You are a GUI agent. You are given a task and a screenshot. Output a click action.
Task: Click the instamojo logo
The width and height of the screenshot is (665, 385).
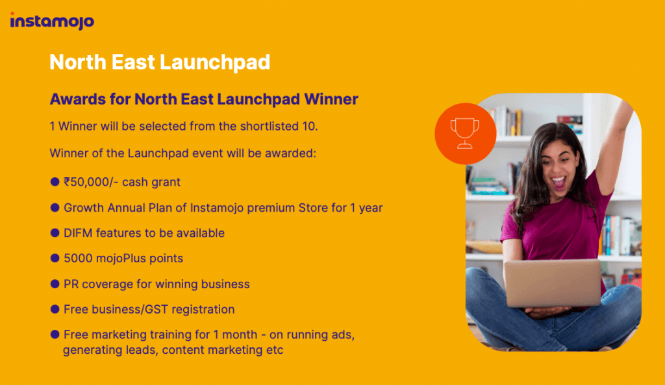(52, 21)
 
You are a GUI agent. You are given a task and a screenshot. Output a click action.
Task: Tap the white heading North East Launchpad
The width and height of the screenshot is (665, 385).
(160, 62)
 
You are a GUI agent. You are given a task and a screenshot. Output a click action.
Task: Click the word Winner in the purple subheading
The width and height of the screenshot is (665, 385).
(331, 99)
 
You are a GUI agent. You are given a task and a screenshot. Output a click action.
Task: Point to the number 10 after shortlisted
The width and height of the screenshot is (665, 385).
(308, 127)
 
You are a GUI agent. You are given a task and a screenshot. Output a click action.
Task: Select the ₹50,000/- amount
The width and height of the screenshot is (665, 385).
(91, 182)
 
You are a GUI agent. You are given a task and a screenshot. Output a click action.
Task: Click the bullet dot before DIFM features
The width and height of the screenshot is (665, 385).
(55, 233)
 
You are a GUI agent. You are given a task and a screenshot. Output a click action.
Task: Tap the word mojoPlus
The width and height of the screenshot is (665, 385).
(120, 258)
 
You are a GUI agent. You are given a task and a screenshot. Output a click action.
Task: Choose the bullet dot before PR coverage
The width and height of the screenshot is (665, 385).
(55, 284)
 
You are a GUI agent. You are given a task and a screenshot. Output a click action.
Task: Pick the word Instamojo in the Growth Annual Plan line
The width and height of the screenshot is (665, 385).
(216, 208)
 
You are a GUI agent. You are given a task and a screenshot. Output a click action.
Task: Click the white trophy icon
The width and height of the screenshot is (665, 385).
(465, 133)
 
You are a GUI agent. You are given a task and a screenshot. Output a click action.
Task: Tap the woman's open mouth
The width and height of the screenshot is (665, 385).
(558, 182)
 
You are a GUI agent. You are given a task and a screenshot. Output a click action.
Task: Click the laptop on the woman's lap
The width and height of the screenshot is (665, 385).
(552, 283)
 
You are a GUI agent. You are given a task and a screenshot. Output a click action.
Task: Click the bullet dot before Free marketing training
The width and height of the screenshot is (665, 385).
(55, 334)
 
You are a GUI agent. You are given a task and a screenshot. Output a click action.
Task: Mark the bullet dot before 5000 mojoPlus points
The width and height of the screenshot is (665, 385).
(55, 258)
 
